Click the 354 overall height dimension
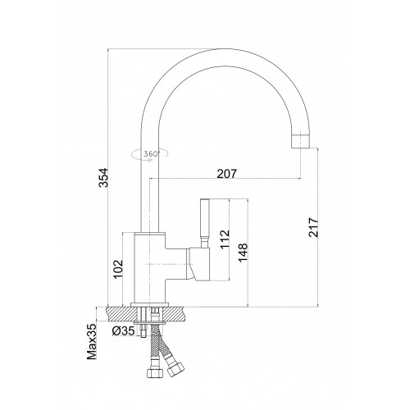pos(103,178)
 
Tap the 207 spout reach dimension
pos(227,174)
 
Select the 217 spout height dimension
pos(313,227)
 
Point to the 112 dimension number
pos(225,239)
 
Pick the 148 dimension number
pos(243,253)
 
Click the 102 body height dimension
pos(118,269)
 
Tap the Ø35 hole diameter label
pos(123,331)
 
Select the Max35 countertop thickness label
pos(92,342)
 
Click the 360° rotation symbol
pos(150,154)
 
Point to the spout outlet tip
pos(300,141)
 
